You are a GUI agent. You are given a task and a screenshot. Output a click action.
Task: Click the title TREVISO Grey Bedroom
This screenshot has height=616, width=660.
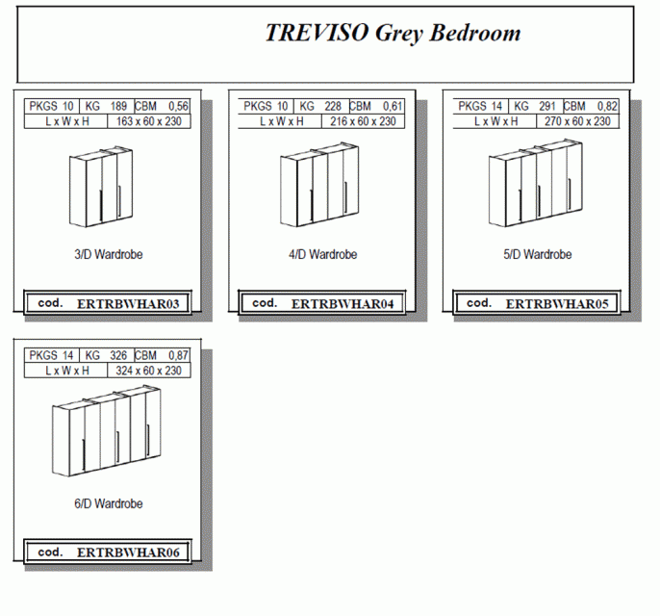(x=393, y=33)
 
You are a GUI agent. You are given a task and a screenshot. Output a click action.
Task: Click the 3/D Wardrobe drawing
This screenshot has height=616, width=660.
(x=101, y=187)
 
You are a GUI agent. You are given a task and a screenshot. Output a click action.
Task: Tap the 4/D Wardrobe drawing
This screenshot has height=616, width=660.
(x=319, y=185)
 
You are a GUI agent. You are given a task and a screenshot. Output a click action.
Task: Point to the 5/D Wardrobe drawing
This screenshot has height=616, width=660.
(x=536, y=183)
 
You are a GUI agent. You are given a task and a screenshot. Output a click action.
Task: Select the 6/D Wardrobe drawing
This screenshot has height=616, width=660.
(x=107, y=430)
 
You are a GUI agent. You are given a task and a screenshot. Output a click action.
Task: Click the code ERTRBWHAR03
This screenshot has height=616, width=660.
(x=128, y=304)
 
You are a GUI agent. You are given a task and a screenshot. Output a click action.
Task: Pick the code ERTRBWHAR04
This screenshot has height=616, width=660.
(x=343, y=304)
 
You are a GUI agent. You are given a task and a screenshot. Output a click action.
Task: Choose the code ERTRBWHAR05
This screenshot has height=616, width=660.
(x=557, y=304)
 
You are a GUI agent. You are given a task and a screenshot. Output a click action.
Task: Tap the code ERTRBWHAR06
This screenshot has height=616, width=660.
(x=128, y=552)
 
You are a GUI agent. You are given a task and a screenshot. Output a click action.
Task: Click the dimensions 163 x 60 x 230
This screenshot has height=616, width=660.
(x=148, y=121)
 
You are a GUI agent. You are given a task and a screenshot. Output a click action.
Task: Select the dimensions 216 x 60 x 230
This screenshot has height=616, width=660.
(x=363, y=121)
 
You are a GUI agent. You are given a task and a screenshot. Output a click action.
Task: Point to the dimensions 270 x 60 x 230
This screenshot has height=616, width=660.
(x=577, y=121)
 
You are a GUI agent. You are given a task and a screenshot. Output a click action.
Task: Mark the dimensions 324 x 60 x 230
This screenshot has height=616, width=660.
(x=148, y=371)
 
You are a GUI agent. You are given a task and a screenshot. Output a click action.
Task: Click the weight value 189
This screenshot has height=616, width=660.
(x=118, y=106)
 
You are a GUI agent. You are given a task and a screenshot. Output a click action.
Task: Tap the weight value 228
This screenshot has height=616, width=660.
(x=333, y=106)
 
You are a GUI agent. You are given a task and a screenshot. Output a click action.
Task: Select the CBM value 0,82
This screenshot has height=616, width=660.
(x=607, y=107)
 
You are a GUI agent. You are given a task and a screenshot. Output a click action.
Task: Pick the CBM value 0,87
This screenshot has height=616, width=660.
(x=178, y=356)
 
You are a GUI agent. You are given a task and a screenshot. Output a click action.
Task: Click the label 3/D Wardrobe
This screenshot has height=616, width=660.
(x=109, y=254)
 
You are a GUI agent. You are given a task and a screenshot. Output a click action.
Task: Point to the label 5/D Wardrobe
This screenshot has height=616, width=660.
(x=538, y=254)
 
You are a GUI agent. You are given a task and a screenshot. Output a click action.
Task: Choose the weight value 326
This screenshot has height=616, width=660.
(x=118, y=355)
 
